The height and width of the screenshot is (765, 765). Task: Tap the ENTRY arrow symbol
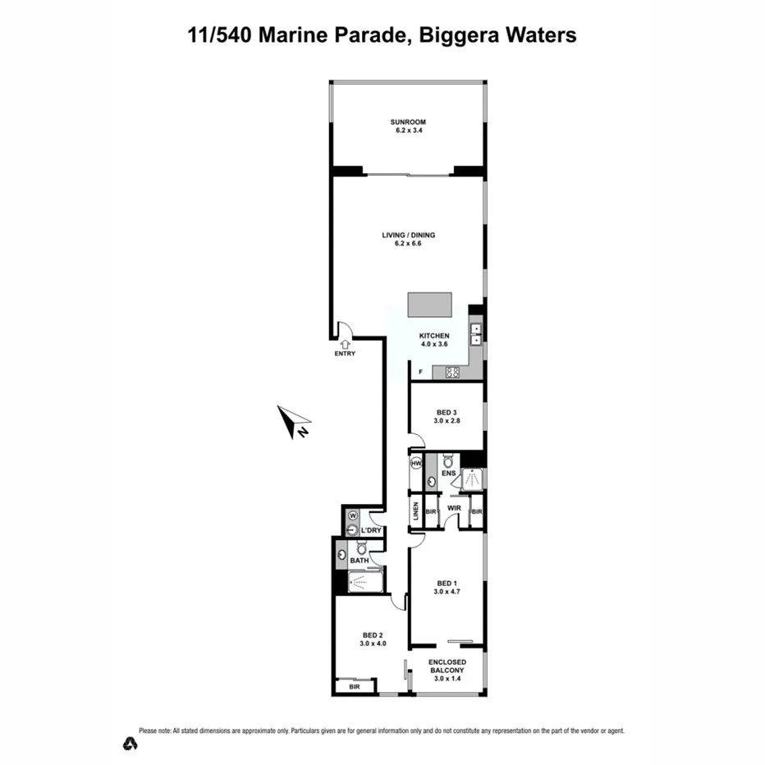click(346, 345)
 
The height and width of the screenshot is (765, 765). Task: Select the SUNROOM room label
click(407, 122)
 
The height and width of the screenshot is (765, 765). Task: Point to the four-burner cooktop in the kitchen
click(452, 372)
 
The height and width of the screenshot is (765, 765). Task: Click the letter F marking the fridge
click(419, 373)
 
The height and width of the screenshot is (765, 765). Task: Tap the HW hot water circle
click(416, 464)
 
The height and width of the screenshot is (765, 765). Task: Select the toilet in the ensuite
click(448, 460)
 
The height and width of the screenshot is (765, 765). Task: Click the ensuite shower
click(472, 479)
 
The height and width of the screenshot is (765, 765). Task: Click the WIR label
click(454, 509)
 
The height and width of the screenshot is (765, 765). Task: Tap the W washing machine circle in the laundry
click(352, 515)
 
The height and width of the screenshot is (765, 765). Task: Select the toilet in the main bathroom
click(361, 548)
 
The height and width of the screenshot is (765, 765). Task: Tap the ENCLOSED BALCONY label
click(447, 667)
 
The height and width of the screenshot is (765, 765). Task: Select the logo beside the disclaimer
click(129, 744)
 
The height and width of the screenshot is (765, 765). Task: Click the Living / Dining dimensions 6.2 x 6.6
click(408, 244)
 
